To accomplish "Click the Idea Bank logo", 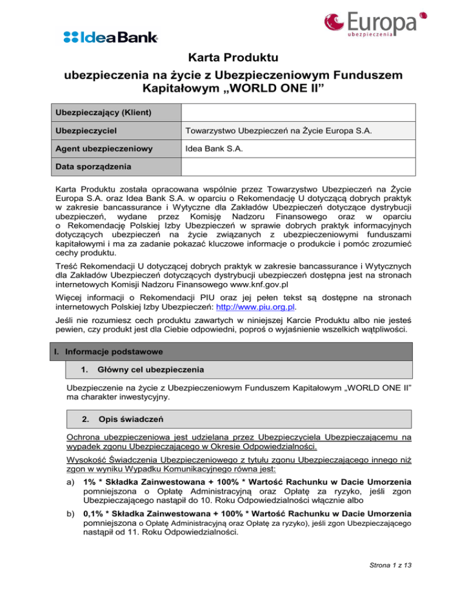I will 111,38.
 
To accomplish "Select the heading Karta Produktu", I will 233,58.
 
